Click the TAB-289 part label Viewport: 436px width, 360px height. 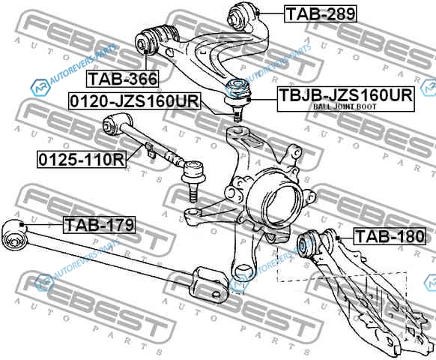click(321, 14)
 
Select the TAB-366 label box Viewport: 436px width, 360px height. click(123, 79)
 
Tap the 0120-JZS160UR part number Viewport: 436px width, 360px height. click(134, 101)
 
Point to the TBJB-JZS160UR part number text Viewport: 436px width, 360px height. click(345, 95)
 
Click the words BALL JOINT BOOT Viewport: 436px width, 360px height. click(345, 106)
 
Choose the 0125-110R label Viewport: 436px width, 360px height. click(82, 160)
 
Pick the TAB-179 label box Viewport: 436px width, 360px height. click(100, 225)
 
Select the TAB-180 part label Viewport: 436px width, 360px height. click(390, 236)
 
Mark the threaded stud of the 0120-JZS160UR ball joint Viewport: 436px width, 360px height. click(237, 114)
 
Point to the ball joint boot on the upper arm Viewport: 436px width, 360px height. click(237, 88)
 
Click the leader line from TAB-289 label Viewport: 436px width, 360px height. click(271, 13)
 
